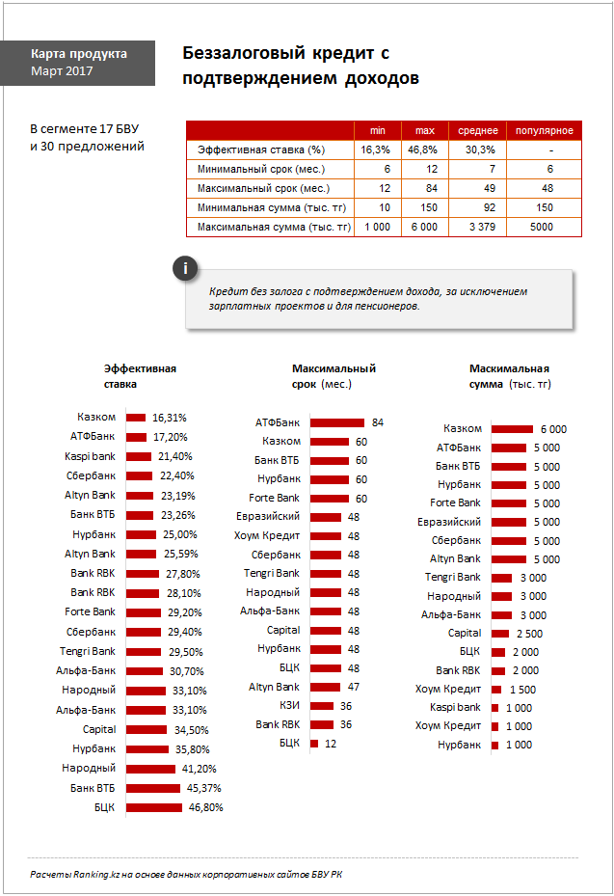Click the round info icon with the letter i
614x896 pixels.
pos(185,268)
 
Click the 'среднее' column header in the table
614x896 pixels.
pos(477,131)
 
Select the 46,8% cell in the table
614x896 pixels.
pos(422,149)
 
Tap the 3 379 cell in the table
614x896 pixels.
pos(482,227)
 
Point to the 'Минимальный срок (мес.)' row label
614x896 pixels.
pos(261,169)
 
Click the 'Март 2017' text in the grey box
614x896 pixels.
pos(62,70)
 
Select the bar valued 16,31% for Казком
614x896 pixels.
pos(136,418)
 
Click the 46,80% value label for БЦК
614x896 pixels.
pos(205,807)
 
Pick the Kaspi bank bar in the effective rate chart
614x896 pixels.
pos(139,456)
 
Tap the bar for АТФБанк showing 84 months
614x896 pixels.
pos(337,422)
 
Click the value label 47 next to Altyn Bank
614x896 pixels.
pos(354,687)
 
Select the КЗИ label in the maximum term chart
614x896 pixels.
pos(289,706)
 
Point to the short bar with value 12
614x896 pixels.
pos(314,744)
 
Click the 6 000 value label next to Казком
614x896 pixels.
pos(553,429)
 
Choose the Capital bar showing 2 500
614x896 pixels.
pos(499,634)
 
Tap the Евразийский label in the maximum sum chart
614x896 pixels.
pos(449,522)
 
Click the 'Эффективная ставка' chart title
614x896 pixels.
pos(140,376)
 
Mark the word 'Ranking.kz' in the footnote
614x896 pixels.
pos(96,874)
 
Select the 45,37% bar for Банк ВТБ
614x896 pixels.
pos(153,789)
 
